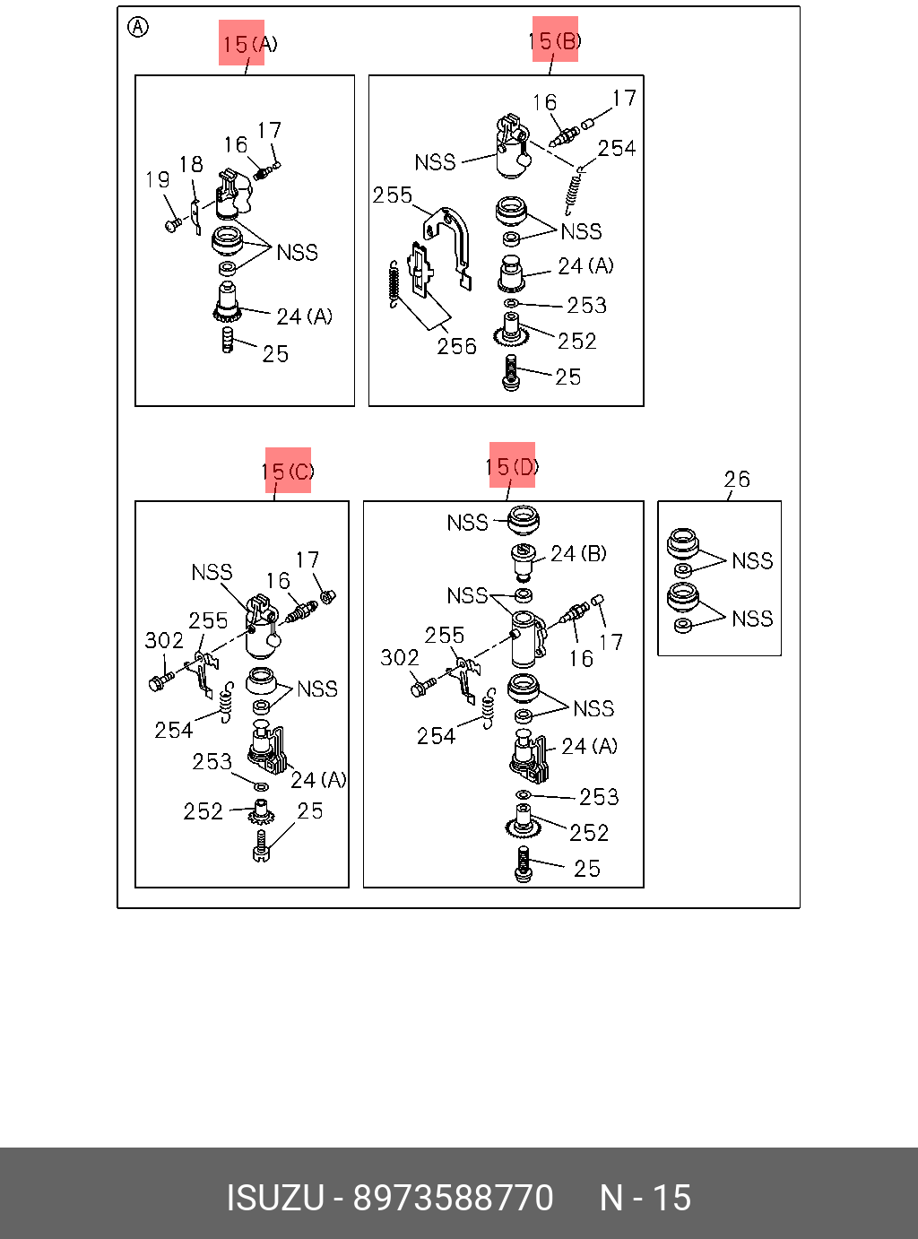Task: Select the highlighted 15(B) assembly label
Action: (555, 39)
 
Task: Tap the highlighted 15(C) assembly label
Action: (288, 471)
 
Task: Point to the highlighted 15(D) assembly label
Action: (512, 465)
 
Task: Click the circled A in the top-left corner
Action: (138, 28)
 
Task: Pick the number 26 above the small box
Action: (737, 480)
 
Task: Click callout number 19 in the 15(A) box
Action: (158, 180)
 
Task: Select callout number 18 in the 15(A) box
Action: (191, 165)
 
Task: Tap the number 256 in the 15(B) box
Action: (456, 346)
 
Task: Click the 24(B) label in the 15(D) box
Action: (578, 554)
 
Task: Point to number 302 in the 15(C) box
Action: (164, 640)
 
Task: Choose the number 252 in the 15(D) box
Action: (589, 833)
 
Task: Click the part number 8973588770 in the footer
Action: (453, 1198)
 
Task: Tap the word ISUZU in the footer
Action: (275, 1198)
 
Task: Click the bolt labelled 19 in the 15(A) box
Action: (172, 224)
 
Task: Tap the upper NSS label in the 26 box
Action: (752, 561)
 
